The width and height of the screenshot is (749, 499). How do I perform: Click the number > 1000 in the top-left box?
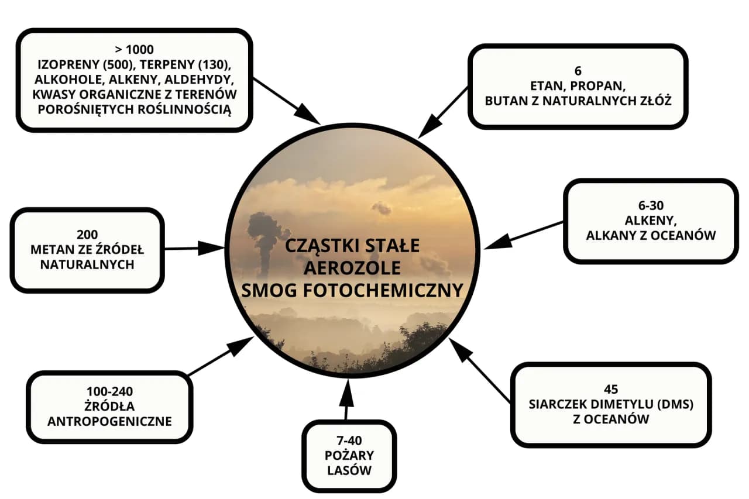pos(135,49)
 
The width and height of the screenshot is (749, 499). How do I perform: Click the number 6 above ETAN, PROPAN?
pos(578,71)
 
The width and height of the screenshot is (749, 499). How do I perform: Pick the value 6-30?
pos(650,206)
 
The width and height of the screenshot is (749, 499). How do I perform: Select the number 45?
pos(610,389)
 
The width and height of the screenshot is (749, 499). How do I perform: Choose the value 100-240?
pos(109,391)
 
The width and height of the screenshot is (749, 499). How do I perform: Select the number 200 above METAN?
pos(86,235)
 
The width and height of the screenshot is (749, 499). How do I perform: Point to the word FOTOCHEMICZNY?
pos(398,290)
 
